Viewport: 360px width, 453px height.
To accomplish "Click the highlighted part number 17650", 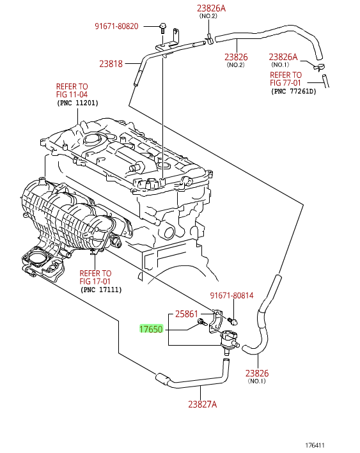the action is click(x=151, y=329).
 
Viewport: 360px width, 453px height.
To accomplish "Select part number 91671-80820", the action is click(x=116, y=26).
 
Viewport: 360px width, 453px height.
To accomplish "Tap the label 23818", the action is click(x=111, y=63).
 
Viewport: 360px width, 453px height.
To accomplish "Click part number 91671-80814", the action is click(x=231, y=295).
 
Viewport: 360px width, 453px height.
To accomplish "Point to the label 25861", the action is click(x=187, y=314).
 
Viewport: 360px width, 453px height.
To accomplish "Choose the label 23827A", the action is click(x=203, y=404).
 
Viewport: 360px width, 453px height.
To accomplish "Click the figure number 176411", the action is click(x=315, y=445).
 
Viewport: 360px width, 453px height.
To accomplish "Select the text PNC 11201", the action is click(x=78, y=103).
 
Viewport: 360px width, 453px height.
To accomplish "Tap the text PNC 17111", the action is click(x=101, y=289).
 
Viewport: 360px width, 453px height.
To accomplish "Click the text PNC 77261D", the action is click(x=293, y=91).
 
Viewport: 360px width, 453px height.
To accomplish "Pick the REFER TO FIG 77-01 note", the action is click(x=286, y=79).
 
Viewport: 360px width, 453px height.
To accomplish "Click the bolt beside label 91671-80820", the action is click(x=163, y=28).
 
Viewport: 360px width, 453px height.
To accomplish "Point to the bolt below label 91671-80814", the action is click(x=233, y=321).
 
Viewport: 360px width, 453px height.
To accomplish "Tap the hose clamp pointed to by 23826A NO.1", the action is click(x=319, y=67).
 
